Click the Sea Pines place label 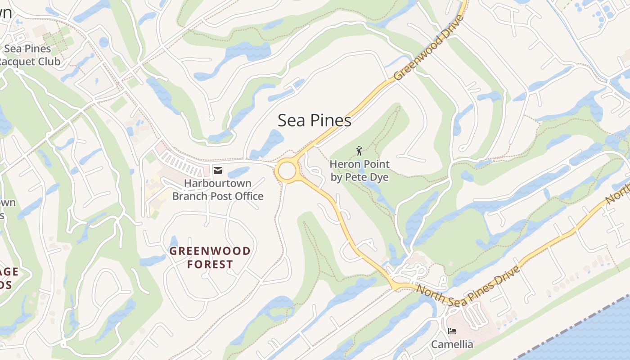tap(314, 121)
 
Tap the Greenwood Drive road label tap(429, 49)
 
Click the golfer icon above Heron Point tap(359, 151)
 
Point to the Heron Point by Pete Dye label tap(360, 171)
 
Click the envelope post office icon tap(218, 170)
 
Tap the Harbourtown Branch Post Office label tap(218, 190)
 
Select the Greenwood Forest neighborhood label tap(210, 257)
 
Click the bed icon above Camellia tap(452, 331)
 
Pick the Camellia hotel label tap(452, 345)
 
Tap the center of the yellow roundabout tap(287, 171)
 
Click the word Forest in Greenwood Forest tap(210, 264)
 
